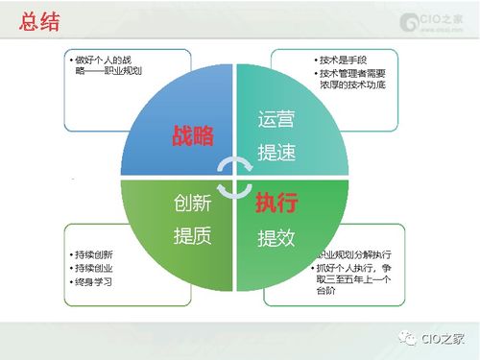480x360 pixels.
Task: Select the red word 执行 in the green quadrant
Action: (x=276, y=204)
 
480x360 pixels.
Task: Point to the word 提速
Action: (x=276, y=153)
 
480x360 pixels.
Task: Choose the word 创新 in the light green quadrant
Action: (x=192, y=204)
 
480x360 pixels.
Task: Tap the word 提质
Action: (x=192, y=236)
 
